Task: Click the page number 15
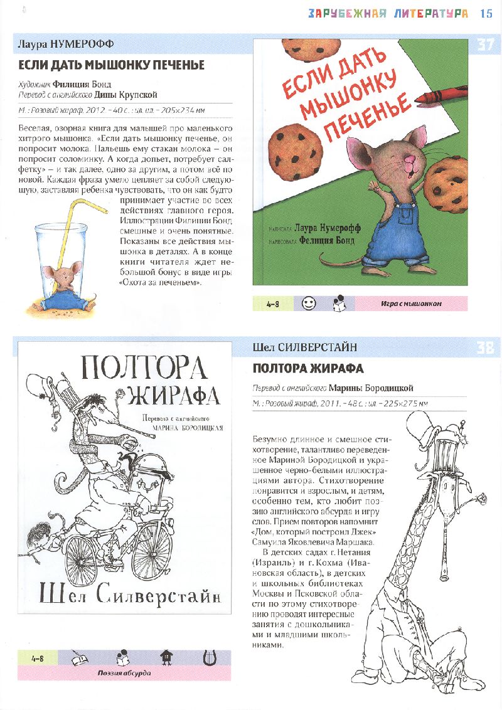[x=486, y=13]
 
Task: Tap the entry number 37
[x=486, y=45]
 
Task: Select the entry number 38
[x=486, y=347]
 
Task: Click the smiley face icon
[x=308, y=303]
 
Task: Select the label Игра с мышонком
[x=411, y=304]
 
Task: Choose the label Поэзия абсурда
[x=124, y=674]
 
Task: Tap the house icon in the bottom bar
[x=166, y=658]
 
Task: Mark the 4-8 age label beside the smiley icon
[x=272, y=304]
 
